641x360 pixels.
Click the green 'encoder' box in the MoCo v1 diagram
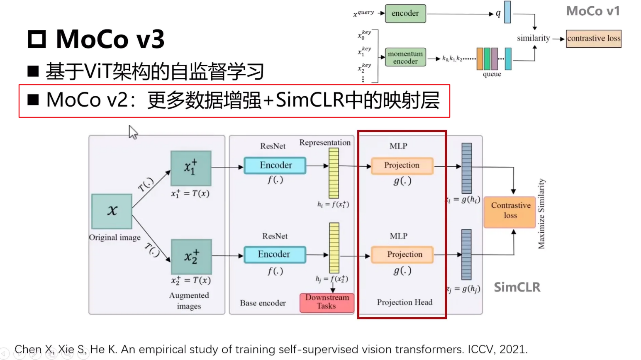(405, 13)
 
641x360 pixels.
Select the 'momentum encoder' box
(405, 57)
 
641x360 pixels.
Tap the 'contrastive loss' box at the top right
(593, 39)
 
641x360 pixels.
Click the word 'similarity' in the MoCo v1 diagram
(533, 38)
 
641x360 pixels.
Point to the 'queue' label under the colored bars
(492, 74)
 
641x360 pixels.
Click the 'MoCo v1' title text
(592, 11)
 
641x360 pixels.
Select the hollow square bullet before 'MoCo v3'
(37, 39)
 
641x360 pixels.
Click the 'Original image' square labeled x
(112, 211)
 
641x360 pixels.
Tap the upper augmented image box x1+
(191, 168)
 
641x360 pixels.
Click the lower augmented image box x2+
(191, 257)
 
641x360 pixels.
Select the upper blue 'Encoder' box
(275, 165)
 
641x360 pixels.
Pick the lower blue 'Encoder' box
(275, 254)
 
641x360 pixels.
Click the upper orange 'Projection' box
(402, 165)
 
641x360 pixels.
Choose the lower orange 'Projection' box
(402, 254)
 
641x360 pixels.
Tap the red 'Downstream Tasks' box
(327, 302)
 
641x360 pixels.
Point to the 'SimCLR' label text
(517, 287)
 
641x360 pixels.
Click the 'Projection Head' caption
(405, 302)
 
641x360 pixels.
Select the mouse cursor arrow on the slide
(132, 132)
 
